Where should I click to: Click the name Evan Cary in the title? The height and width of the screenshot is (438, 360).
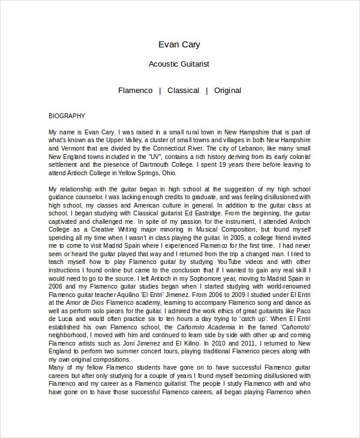tap(179, 44)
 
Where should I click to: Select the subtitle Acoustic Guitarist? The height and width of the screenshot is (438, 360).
tap(179, 64)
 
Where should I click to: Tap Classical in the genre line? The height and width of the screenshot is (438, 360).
tap(183, 91)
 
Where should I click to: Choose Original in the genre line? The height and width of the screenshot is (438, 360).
tap(227, 91)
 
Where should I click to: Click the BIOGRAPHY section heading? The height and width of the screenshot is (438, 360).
tap(67, 116)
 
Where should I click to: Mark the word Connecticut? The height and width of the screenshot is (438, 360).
tap(174, 148)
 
